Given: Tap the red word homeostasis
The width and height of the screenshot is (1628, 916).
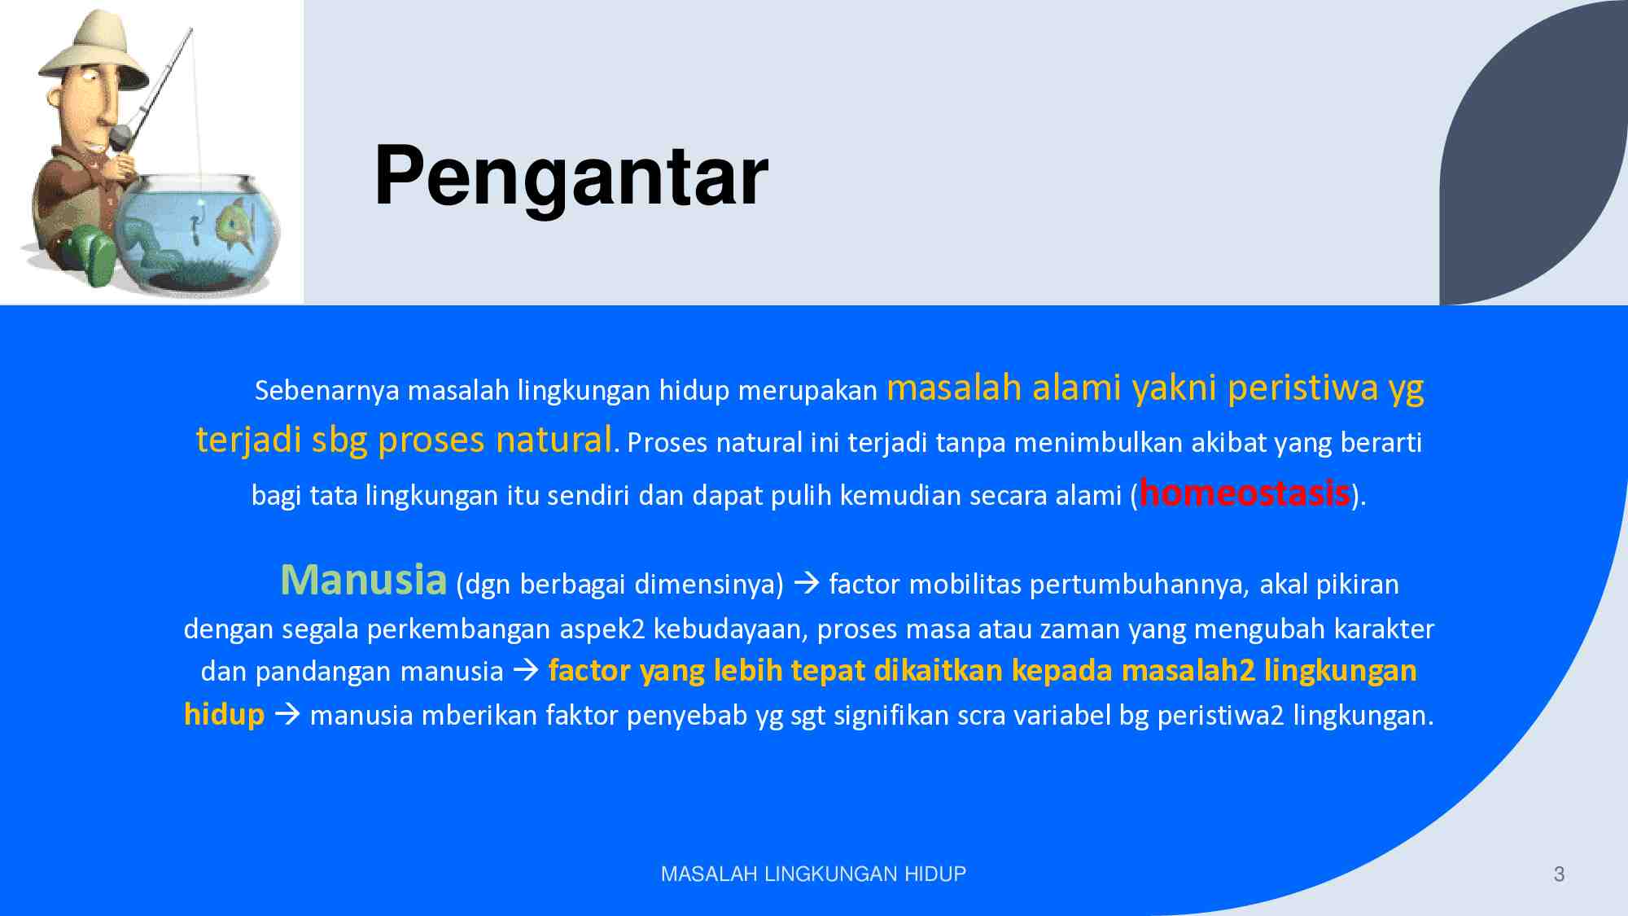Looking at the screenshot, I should click(x=1244, y=493).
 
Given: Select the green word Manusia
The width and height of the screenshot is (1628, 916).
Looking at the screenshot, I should click(x=363, y=580).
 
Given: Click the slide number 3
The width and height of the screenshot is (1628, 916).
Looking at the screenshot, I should click(x=1559, y=874).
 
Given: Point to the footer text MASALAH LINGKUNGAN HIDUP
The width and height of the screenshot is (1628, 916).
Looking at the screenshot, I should click(x=813, y=874).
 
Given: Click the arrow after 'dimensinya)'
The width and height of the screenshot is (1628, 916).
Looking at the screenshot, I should click(x=806, y=583).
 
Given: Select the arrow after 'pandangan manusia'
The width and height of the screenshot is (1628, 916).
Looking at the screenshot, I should click(x=526, y=670).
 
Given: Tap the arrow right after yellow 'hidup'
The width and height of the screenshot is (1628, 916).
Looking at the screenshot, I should click(x=287, y=715).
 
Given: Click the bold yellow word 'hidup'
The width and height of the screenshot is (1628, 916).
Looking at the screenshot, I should click(x=224, y=714).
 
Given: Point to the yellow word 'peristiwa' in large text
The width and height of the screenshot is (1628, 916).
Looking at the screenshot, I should click(x=1302, y=388).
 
